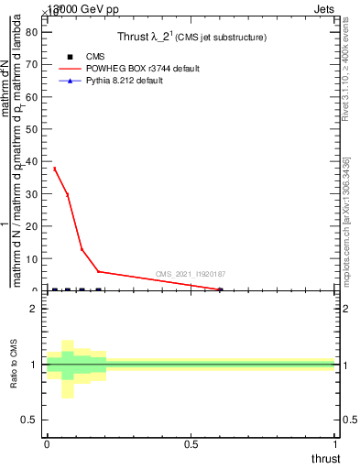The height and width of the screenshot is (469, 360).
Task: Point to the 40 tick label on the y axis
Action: pyautogui.click(x=30, y=161)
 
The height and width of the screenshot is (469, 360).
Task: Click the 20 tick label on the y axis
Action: pyautogui.click(x=30, y=226)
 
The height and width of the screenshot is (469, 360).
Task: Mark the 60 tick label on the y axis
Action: pyautogui.click(x=30, y=96)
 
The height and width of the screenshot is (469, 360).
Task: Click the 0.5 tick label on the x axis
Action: pyautogui.click(x=191, y=443)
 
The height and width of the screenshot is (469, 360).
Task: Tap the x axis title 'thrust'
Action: pyautogui.click(x=324, y=458)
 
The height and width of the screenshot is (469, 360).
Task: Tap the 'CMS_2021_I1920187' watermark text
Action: pyautogui.click(x=191, y=274)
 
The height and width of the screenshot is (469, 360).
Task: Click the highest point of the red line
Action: pyautogui.click(x=54, y=169)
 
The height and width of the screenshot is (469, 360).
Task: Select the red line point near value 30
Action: pyautogui.click(x=67, y=194)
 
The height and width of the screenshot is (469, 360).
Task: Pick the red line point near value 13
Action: pyautogui.click(x=82, y=249)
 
